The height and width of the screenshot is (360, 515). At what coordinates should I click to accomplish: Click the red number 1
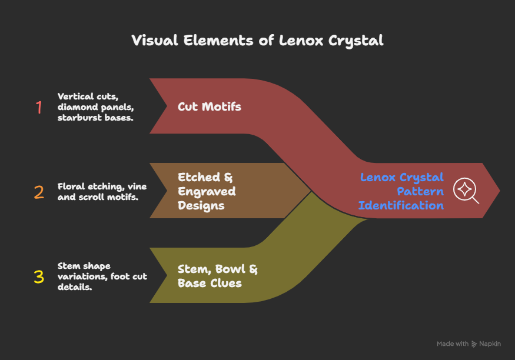pos(39,108)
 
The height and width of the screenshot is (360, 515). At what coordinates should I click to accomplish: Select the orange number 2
pos(39,192)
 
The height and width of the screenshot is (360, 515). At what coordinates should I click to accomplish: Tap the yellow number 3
pos(39,277)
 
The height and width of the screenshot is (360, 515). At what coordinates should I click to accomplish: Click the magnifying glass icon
pos(466,191)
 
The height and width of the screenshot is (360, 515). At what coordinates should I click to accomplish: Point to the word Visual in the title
pos(152,41)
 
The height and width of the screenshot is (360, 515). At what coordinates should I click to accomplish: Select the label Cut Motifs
pos(210,107)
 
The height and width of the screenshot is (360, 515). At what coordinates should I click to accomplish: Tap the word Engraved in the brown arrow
pos(207,192)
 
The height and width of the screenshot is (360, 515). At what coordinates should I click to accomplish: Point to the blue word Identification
pos(401,205)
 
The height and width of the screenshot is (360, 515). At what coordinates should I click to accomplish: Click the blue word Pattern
pos(420,192)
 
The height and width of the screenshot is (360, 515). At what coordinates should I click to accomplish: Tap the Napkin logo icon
pos(475,344)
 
